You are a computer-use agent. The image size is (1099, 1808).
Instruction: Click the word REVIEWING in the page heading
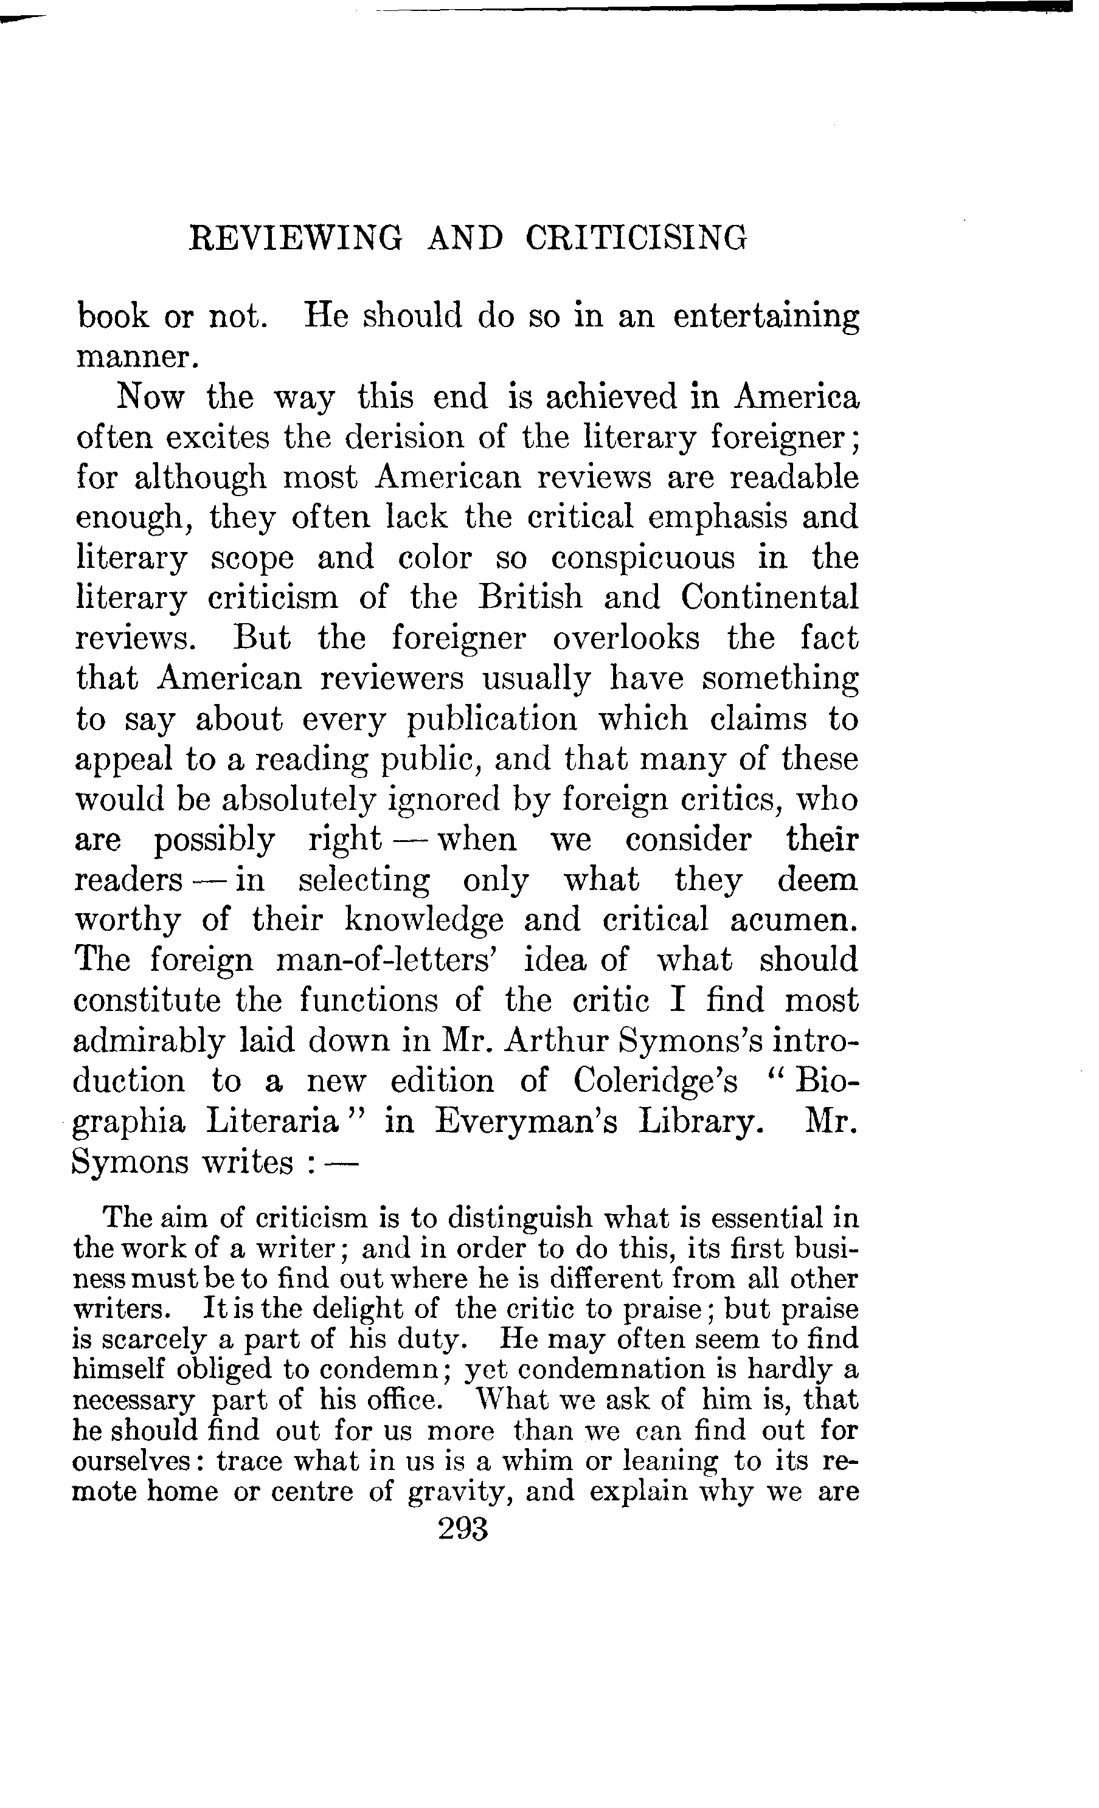coord(295,239)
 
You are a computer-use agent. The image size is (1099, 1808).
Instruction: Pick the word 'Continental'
coord(769,597)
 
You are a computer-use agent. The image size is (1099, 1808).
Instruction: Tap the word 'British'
coord(530,597)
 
